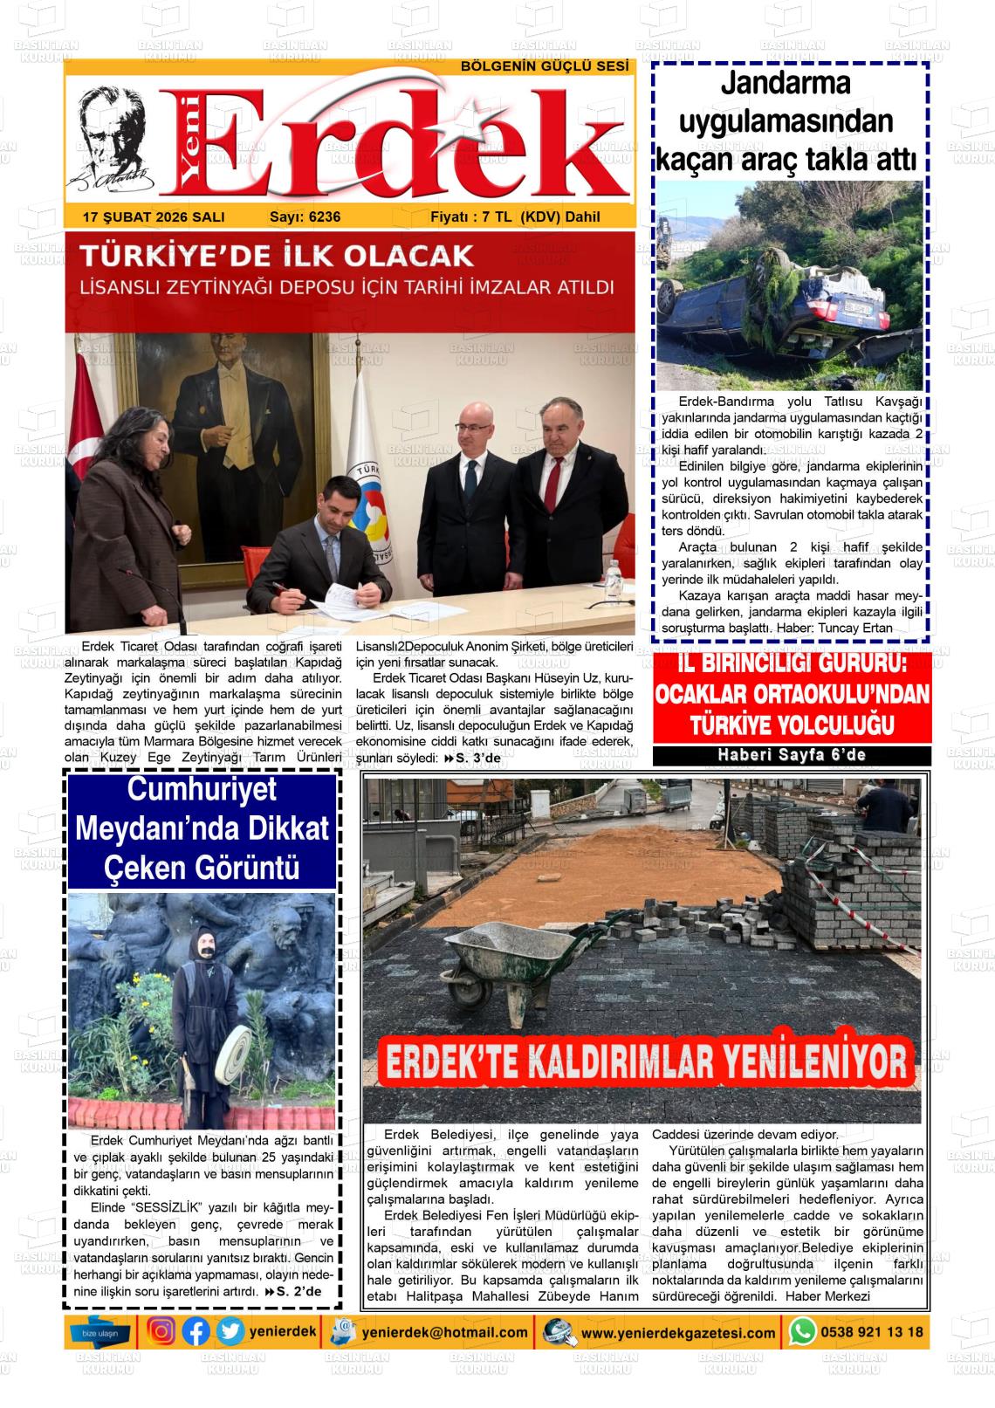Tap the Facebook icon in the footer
(x=196, y=1331)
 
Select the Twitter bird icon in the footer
(x=230, y=1331)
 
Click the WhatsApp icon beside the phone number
(x=802, y=1331)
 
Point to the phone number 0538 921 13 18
(x=871, y=1332)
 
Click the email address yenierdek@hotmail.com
(x=444, y=1332)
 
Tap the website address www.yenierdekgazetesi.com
(x=678, y=1333)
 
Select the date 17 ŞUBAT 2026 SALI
(x=154, y=217)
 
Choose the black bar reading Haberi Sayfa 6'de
(x=792, y=755)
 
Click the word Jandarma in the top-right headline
(x=786, y=85)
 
